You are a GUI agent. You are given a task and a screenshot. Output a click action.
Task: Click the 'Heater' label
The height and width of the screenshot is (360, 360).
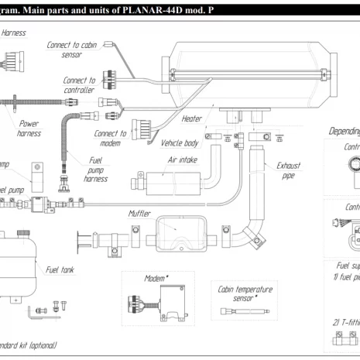(191, 118)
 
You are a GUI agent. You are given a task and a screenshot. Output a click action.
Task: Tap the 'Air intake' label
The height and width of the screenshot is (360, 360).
(183, 159)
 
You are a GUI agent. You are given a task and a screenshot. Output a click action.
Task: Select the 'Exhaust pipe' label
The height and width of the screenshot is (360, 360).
(289, 170)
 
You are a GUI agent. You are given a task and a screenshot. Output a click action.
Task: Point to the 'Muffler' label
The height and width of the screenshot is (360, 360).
(141, 213)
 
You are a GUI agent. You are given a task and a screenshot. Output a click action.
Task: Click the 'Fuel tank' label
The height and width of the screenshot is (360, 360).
(60, 269)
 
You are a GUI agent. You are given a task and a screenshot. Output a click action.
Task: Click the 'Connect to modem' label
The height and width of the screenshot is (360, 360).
(110, 138)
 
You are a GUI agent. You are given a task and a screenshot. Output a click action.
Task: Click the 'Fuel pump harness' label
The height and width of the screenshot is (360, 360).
(95, 174)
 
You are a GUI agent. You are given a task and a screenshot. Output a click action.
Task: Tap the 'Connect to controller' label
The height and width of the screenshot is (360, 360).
(80, 84)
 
